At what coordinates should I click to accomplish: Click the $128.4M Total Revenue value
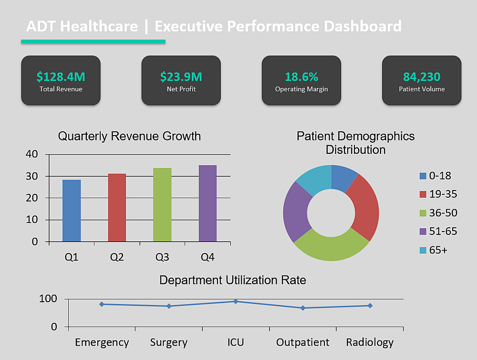[x=61, y=76]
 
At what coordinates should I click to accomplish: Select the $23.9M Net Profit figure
[x=181, y=76]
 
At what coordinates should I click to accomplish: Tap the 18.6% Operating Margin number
[x=301, y=76]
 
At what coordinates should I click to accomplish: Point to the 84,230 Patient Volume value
[x=422, y=76]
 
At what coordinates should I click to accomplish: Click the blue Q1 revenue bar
[x=72, y=211]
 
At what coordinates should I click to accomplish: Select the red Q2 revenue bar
[x=117, y=208]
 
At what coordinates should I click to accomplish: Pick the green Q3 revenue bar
[x=162, y=205]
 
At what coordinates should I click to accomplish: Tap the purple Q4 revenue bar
[x=207, y=203]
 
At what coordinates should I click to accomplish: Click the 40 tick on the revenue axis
[x=32, y=154]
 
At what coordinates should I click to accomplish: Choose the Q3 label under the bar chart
[x=162, y=257]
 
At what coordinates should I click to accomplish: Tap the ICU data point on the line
[x=236, y=301]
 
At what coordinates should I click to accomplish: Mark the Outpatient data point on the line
[x=303, y=308]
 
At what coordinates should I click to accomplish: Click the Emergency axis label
[x=102, y=342]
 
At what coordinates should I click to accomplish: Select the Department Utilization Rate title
[x=233, y=280]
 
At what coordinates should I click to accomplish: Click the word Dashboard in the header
[x=363, y=26]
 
